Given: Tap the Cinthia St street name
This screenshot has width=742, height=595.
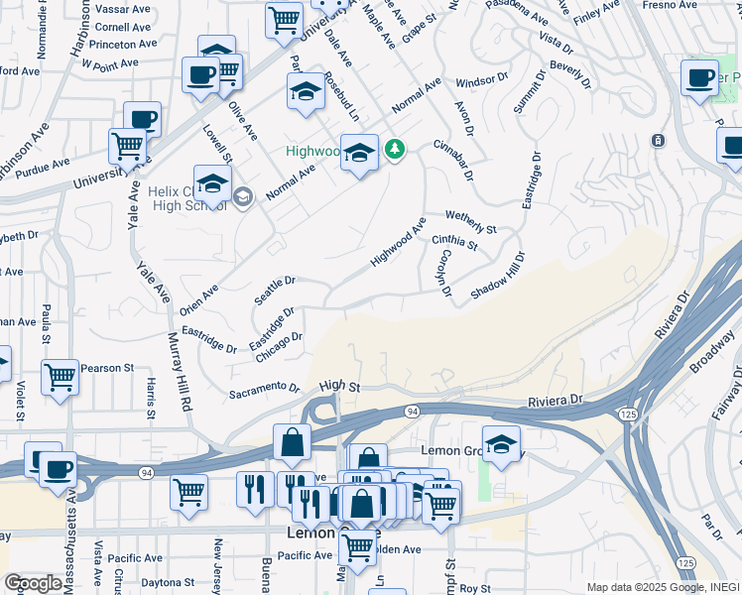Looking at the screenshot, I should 454,240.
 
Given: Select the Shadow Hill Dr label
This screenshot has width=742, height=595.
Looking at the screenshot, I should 498,277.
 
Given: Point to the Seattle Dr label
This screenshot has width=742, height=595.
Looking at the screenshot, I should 275,291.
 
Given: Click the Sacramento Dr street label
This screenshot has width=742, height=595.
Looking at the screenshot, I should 264,390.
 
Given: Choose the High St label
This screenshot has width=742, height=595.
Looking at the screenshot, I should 338,386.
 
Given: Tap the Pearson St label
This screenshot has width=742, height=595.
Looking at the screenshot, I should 107,368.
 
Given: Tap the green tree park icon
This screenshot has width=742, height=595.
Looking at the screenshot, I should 396,149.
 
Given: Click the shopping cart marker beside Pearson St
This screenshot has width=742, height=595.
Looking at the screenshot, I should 61,377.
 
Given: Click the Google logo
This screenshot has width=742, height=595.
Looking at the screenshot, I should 33,583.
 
